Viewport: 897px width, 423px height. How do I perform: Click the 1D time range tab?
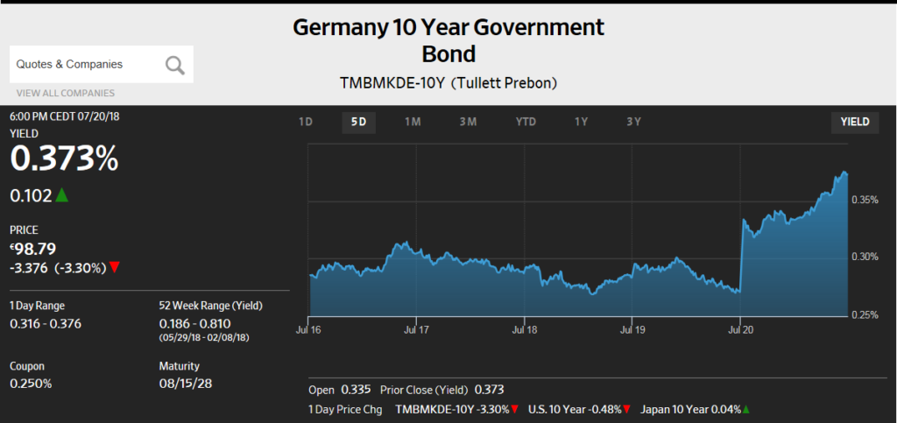click(x=306, y=122)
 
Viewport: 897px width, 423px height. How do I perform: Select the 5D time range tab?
click(x=358, y=122)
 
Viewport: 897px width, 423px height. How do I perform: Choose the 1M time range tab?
click(x=413, y=122)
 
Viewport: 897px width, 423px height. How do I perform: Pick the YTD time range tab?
click(x=526, y=122)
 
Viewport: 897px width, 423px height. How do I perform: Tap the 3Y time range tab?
click(x=634, y=122)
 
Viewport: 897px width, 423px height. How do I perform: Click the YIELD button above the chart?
click(x=855, y=122)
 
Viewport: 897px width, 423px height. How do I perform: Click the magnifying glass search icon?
click(x=175, y=64)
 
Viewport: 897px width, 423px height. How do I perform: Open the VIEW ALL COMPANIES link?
click(x=65, y=93)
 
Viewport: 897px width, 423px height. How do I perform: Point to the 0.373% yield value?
click(x=64, y=159)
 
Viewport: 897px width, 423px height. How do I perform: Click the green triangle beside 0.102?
click(x=61, y=195)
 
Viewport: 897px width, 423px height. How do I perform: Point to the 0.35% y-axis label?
click(x=865, y=201)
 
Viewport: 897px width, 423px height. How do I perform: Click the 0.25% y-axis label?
click(x=865, y=314)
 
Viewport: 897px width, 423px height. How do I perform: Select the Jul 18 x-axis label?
click(x=524, y=330)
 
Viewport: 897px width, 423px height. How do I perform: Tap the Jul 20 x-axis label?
click(x=741, y=330)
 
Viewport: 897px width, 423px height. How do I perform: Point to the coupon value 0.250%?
click(x=32, y=383)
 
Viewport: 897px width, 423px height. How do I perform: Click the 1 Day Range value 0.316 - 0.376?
click(x=46, y=322)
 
